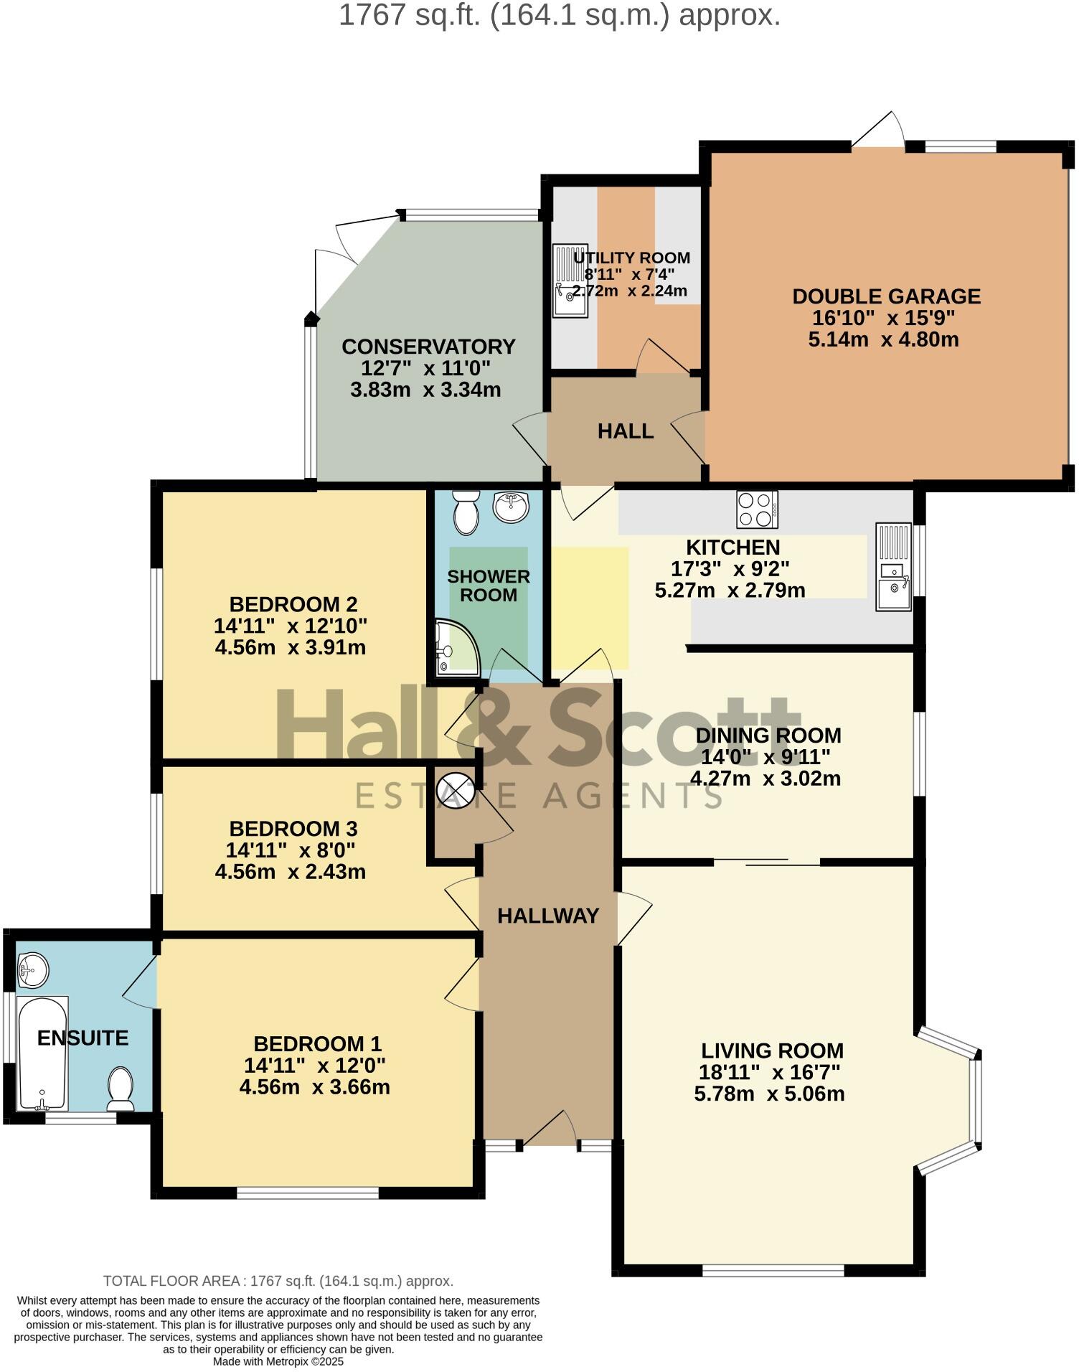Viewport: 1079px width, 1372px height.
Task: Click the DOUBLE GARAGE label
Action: (x=885, y=296)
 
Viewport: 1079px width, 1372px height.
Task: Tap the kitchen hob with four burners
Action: (x=757, y=509)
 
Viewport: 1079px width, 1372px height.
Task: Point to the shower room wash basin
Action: (x=511, y=506)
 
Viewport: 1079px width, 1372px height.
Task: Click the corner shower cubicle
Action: (x=456, y=649)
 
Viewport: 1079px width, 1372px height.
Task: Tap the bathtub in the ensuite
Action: (x=43, y=1053)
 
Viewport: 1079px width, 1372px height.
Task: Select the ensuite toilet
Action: (x=121, y=1088)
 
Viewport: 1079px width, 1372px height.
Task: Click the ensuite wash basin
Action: (x=32, y=970)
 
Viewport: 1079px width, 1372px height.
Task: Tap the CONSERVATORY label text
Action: (x=428, y=347)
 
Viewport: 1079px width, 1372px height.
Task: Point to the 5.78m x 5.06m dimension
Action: (x=769, y=1094)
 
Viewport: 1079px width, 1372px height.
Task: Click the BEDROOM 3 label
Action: (x=293, y=829)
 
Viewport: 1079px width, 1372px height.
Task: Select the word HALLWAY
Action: (x=548, y=916)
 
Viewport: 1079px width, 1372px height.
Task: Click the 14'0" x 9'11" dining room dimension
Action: (x=765, y=757)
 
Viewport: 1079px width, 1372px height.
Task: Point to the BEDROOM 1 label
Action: (x=317, y=1043)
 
